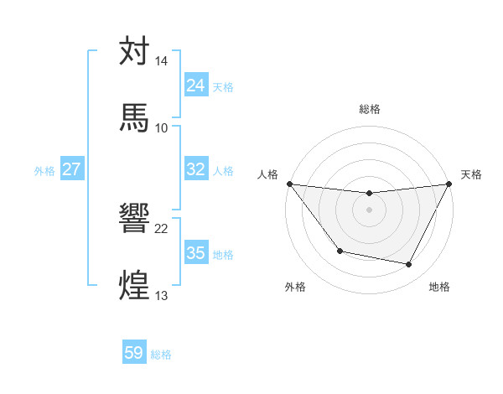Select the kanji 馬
click(134, 117)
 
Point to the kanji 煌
click(134, 283)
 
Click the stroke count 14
click(162, 62)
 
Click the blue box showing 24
click(196, 86)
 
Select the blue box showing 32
click(196, 169)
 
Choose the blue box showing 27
click(72, 169)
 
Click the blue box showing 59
click(134, 354)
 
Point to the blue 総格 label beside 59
click(161, 355)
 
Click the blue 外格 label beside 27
click(44, 170)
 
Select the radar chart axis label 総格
click(370, 109)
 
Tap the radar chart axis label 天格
click(472, 174)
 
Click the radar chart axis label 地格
click(439, 288)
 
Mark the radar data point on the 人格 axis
click(289, 184)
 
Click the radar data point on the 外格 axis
click(340, 251)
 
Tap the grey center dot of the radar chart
click(370, 210)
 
